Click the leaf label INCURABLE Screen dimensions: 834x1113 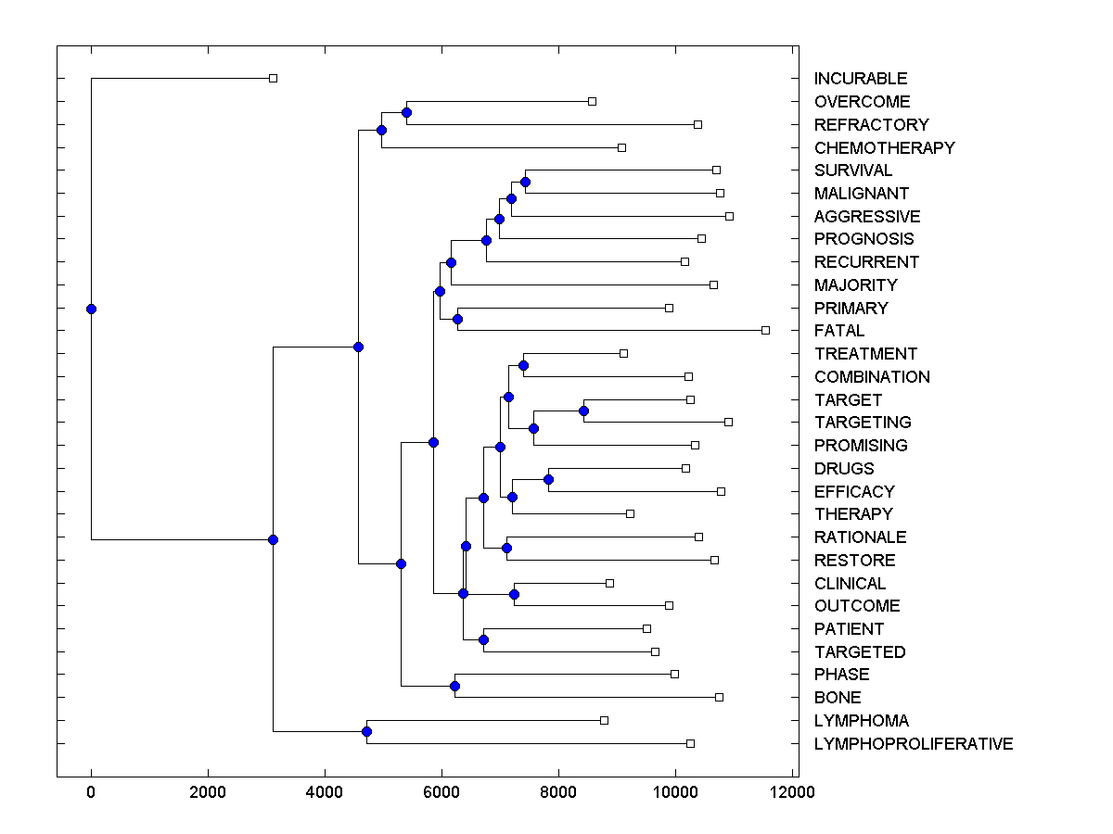(861, 79)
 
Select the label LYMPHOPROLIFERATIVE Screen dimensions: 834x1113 (913, 744)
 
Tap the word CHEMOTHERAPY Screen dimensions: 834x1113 (884, 147)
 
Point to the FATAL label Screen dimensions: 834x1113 (838, 331)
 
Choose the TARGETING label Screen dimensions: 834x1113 (863, 423)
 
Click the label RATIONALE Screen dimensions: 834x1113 (860, 537)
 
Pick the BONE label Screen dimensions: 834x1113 (837, 698)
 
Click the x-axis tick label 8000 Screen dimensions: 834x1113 (558, 792)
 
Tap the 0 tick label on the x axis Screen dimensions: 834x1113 (91, 792)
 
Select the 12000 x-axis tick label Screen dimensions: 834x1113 (792, 792)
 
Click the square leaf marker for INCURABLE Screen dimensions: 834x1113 (273, 78)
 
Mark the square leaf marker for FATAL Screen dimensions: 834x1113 (765, 330)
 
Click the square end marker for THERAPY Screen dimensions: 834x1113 (630, 513)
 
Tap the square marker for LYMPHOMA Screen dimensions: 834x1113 (604, 720)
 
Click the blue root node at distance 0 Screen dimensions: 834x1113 (91, 309)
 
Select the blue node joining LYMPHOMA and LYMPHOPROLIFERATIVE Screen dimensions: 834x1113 (366, 732)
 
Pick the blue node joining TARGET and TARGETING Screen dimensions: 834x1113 (583, 411)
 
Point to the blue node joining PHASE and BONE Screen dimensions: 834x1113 (454, 686)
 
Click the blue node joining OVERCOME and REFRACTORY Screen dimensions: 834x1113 (406, 112)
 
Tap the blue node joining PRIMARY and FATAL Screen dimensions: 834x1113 (457, 319)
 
